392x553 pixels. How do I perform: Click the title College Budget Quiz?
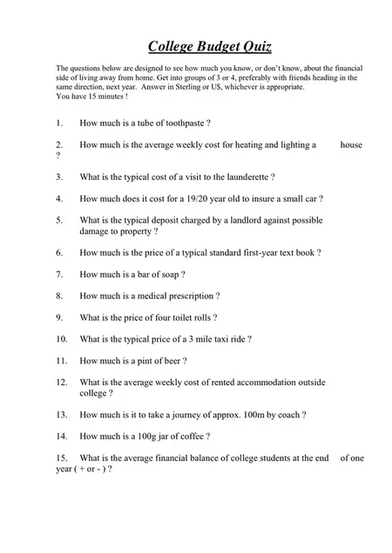[x=196, y=45]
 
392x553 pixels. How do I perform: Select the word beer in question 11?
[x=172, y=360]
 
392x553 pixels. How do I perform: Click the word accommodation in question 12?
[x=265, y=382]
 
